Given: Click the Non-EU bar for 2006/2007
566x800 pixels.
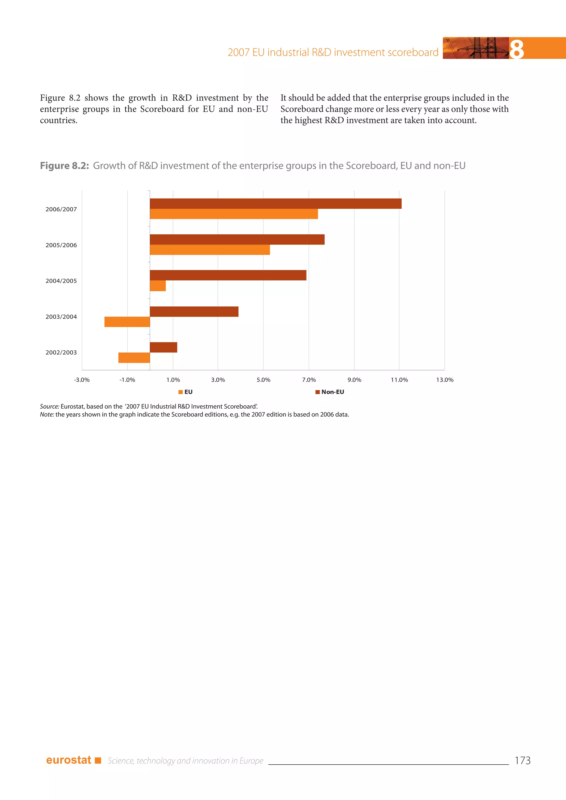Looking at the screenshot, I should point(275,204).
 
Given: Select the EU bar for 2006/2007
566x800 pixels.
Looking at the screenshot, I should point(234,214).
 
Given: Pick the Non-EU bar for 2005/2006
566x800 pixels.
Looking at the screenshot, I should point(237,240).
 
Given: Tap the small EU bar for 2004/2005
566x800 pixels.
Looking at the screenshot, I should point(158,286).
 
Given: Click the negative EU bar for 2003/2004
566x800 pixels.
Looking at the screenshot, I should point(127,322).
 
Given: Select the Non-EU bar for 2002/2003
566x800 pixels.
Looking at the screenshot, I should point(163,348).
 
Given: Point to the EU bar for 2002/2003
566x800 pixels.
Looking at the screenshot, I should point(134,357).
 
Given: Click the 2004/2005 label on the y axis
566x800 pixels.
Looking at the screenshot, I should point(61,281).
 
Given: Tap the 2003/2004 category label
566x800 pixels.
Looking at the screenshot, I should point(61,317).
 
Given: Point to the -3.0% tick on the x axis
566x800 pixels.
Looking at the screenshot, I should point(82,380).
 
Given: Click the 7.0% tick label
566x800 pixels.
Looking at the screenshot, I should point(309,380).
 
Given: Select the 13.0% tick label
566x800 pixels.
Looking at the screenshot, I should point(445,380).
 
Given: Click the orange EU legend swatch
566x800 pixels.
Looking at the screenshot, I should point(180,392).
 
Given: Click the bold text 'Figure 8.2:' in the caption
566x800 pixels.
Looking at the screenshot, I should point(64,166).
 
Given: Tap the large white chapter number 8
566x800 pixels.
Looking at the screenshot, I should point(517,49).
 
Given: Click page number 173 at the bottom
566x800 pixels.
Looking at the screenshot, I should point(522,760).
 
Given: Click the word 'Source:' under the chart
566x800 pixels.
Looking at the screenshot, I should point(49,406).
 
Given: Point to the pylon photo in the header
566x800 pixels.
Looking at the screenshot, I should point(476,48).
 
